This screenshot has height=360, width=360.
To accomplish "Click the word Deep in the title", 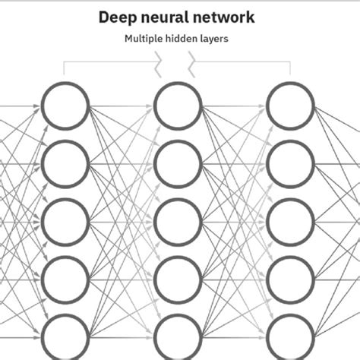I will (x=118, y=17).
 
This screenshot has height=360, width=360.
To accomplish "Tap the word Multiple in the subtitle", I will (x=145, y=38).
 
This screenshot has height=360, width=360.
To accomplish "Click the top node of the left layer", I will (x=65, y=106).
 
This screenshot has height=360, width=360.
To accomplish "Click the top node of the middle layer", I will (x=178, y=106).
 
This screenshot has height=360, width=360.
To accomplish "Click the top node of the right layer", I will (x=291, y=106).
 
